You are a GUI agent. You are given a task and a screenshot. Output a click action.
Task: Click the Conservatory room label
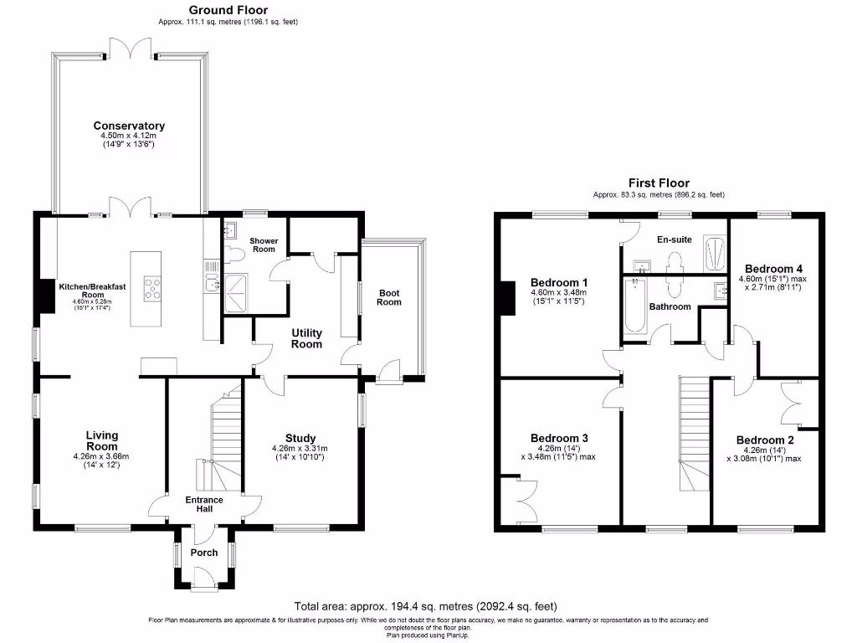(x=129, y=126)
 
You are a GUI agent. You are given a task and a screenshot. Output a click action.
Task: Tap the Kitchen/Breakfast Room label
(x=92, y=291)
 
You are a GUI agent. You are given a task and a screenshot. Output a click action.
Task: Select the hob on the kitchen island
(x=154, y=288)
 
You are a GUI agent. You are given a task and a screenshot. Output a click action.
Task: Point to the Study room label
(x=300, y=438)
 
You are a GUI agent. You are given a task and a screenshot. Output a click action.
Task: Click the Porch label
(x=204, y=553)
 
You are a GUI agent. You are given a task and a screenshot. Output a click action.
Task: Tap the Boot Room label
(x=389, y=297)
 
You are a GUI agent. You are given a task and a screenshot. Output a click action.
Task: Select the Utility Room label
(x=306, y=338)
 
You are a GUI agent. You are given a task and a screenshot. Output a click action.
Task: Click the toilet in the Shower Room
(x=233, y=252)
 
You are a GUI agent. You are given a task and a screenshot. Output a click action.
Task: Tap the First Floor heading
(x=659, y=183)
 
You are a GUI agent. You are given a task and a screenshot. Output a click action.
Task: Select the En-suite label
(x=675, y=239)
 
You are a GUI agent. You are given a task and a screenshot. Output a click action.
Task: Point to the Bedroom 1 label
(x=560, y=282)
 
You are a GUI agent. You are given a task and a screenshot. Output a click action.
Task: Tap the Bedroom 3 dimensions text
(x=560, y=452)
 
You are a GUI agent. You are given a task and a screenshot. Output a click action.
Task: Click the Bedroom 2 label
(x=765, y=440)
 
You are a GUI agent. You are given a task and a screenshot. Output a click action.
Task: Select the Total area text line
(x=425, y=606)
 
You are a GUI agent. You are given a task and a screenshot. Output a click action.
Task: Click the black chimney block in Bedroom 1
(x=507, y=299)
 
